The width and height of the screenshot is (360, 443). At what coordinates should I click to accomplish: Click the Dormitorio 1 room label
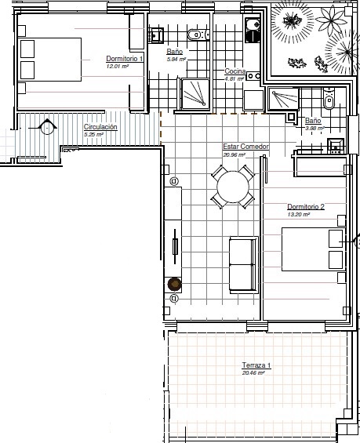coord(125,59)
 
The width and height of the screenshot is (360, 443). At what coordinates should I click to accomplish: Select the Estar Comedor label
coord(245,147)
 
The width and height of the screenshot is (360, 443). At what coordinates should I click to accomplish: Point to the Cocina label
coord(235,71)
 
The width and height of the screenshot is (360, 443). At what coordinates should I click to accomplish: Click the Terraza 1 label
coord(256,365)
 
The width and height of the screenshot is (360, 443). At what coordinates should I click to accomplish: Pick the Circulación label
coord(100,127)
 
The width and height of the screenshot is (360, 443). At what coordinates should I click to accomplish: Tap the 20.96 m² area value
coord(234,154)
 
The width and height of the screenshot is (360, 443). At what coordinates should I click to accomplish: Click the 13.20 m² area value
coord(298,214)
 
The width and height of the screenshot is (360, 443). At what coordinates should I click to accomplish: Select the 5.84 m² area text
coord(176,60)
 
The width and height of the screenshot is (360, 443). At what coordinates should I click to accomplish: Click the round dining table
coord(233,187)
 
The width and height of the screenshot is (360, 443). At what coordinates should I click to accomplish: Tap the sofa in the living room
coord(244,265)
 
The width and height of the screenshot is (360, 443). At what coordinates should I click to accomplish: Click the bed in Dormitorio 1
coord(51,60)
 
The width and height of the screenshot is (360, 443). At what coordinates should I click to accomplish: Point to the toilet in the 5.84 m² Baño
coord(198,34)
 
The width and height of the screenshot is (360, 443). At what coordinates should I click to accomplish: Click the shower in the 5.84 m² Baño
coord(195,94)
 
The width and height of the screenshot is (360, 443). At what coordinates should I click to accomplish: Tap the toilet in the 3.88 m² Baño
coord(329,99)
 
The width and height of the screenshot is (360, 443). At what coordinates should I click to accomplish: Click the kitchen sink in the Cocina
coord(253,30)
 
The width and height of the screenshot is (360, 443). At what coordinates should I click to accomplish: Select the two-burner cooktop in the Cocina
coord(253,76)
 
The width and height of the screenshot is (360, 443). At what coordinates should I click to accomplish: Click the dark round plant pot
coord(174,284)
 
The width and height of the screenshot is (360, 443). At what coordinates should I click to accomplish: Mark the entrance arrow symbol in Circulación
coord(46,126)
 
